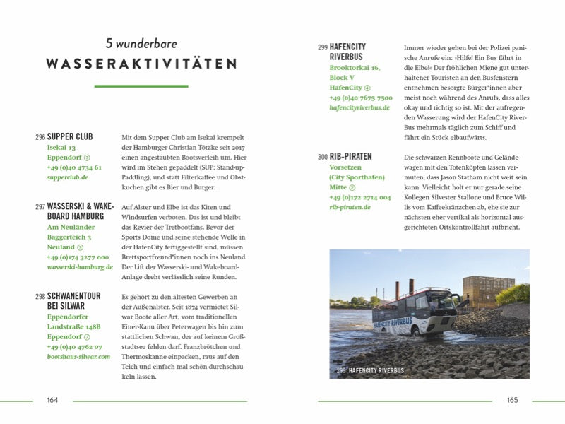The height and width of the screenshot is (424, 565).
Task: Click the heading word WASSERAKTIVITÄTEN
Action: click(x=141, y=64)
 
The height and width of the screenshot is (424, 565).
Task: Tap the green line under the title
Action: click(x=141, y=86)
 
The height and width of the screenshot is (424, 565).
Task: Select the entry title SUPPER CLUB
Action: click(x=70, y=136)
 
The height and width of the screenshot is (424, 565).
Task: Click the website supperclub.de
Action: click(x=68, y=178)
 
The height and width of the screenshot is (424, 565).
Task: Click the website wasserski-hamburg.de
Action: click(x=80, y=267)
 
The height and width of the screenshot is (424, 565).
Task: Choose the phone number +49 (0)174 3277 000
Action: click(x=78, y=257)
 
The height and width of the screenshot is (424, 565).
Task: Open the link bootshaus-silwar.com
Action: click(x=78, y=357)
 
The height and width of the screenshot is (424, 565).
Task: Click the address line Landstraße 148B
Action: click(x=73, y=327)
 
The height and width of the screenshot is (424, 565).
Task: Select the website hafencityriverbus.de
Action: click(x=359, y=107)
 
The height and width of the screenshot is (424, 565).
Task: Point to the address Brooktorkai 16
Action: click(x=355, y=68)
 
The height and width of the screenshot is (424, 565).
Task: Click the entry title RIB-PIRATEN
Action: click(x=350, y=156)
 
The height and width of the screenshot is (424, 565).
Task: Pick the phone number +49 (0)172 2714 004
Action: click(x=359, y=197)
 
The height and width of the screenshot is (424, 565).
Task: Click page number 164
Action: click(x=52, y=400)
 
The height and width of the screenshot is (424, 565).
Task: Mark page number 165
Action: click(x=512, y=400)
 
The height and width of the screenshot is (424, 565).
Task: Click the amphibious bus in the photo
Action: click(x=414, y=312)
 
